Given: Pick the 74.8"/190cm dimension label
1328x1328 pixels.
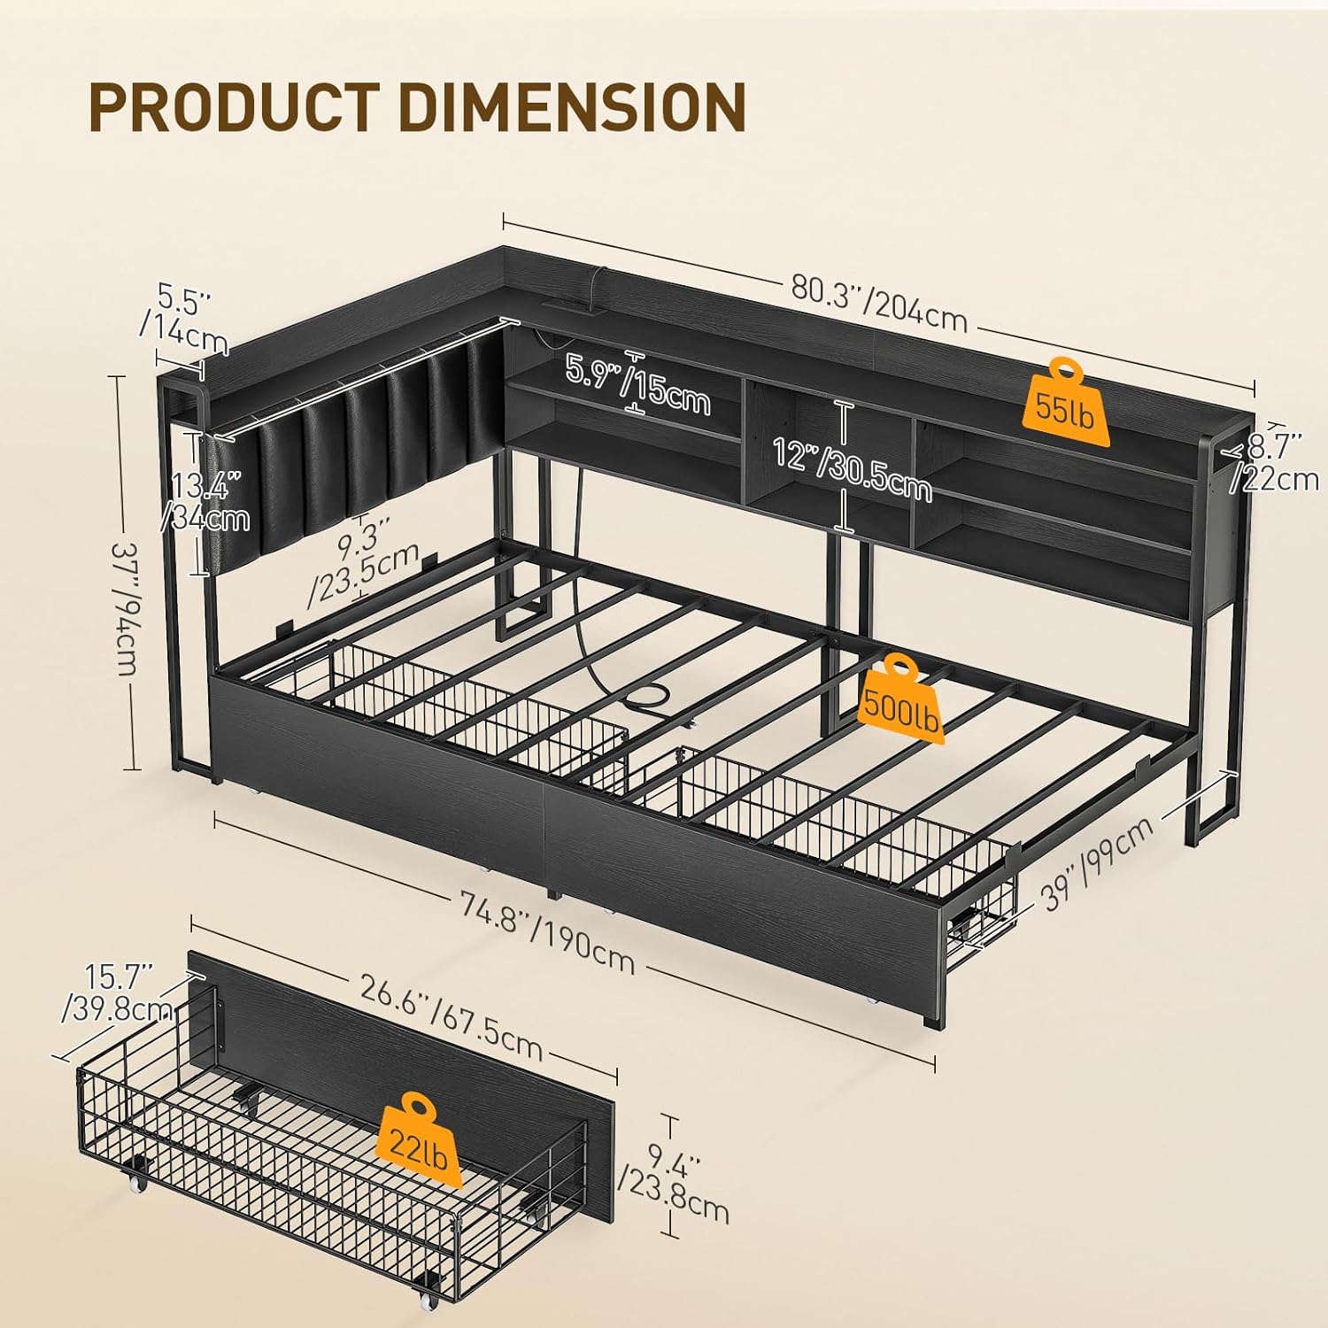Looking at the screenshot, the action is pos(547,930).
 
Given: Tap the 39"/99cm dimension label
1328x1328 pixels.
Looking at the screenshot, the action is pos(1099,862).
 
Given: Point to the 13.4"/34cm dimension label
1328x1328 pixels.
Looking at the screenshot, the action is pos(205,501).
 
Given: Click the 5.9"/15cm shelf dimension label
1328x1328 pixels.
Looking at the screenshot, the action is pos(637,382).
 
